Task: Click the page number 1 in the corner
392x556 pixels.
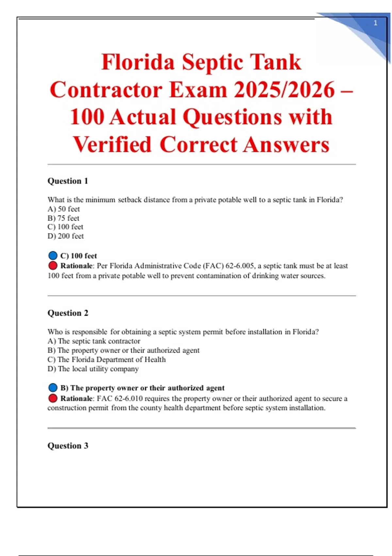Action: pos(375,23)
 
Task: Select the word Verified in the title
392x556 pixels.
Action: pos(112,145)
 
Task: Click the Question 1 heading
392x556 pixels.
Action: pos(68,181)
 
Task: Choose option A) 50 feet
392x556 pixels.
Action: pos(64,209)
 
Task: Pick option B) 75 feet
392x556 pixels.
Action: pos(63,218)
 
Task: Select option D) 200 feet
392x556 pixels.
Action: pos(66,236)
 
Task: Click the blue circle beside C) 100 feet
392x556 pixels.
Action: pos(53,255)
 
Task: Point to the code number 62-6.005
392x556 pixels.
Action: pos(239,266)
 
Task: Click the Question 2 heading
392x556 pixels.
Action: pos(68,313)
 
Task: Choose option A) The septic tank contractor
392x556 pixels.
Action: pos(94,341)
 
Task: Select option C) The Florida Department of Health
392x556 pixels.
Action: pos(106,359)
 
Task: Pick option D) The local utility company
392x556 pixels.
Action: pos(93,369)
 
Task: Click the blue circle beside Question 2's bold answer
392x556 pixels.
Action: pos(53,388)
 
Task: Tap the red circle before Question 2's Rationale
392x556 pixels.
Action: pos(53,398)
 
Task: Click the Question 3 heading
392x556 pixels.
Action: pos(68,446)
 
